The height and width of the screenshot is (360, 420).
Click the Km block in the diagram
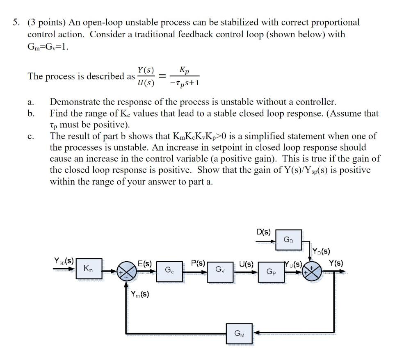[x=88, y=269]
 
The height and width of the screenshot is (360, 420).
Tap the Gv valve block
[x=219, y=270]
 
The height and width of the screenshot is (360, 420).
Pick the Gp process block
[x=271, y=271]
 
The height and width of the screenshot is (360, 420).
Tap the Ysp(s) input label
[x=64, y=260]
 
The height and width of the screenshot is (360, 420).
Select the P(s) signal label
[x=199, y=263]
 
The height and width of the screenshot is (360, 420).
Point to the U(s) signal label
[x=247, y=264]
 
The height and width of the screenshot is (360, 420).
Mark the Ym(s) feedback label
[x=140, y=294]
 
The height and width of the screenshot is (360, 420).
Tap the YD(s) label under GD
[x=321, y=251]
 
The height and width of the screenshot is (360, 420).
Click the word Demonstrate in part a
[x=77, y=102]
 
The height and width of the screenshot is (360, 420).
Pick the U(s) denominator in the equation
[x=146, y=83]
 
